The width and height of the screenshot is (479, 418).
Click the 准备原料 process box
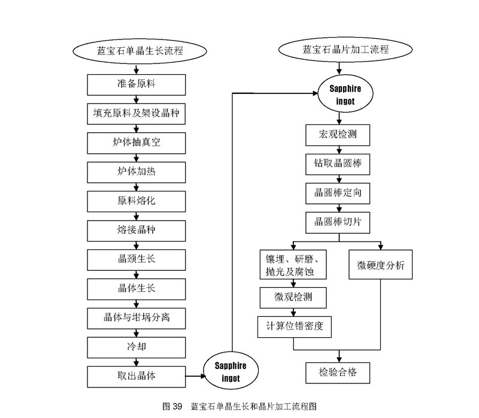point(137,84)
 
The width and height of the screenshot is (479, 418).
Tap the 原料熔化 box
point(137,200)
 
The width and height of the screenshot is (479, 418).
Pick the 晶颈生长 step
point(137,259)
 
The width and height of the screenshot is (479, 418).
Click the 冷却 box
point(137,347)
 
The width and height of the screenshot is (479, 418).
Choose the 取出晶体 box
point(137,376)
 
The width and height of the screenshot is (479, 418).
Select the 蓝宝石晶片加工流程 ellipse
point(345,50)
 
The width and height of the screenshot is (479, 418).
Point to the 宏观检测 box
point(338,135)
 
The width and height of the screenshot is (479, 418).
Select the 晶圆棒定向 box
point(338,193)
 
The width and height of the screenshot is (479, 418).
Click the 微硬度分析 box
point(381,265)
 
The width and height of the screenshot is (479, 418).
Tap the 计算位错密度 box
point(294,326)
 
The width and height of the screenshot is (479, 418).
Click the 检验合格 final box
point(338,372)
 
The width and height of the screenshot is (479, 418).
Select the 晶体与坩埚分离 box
point(137,318)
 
